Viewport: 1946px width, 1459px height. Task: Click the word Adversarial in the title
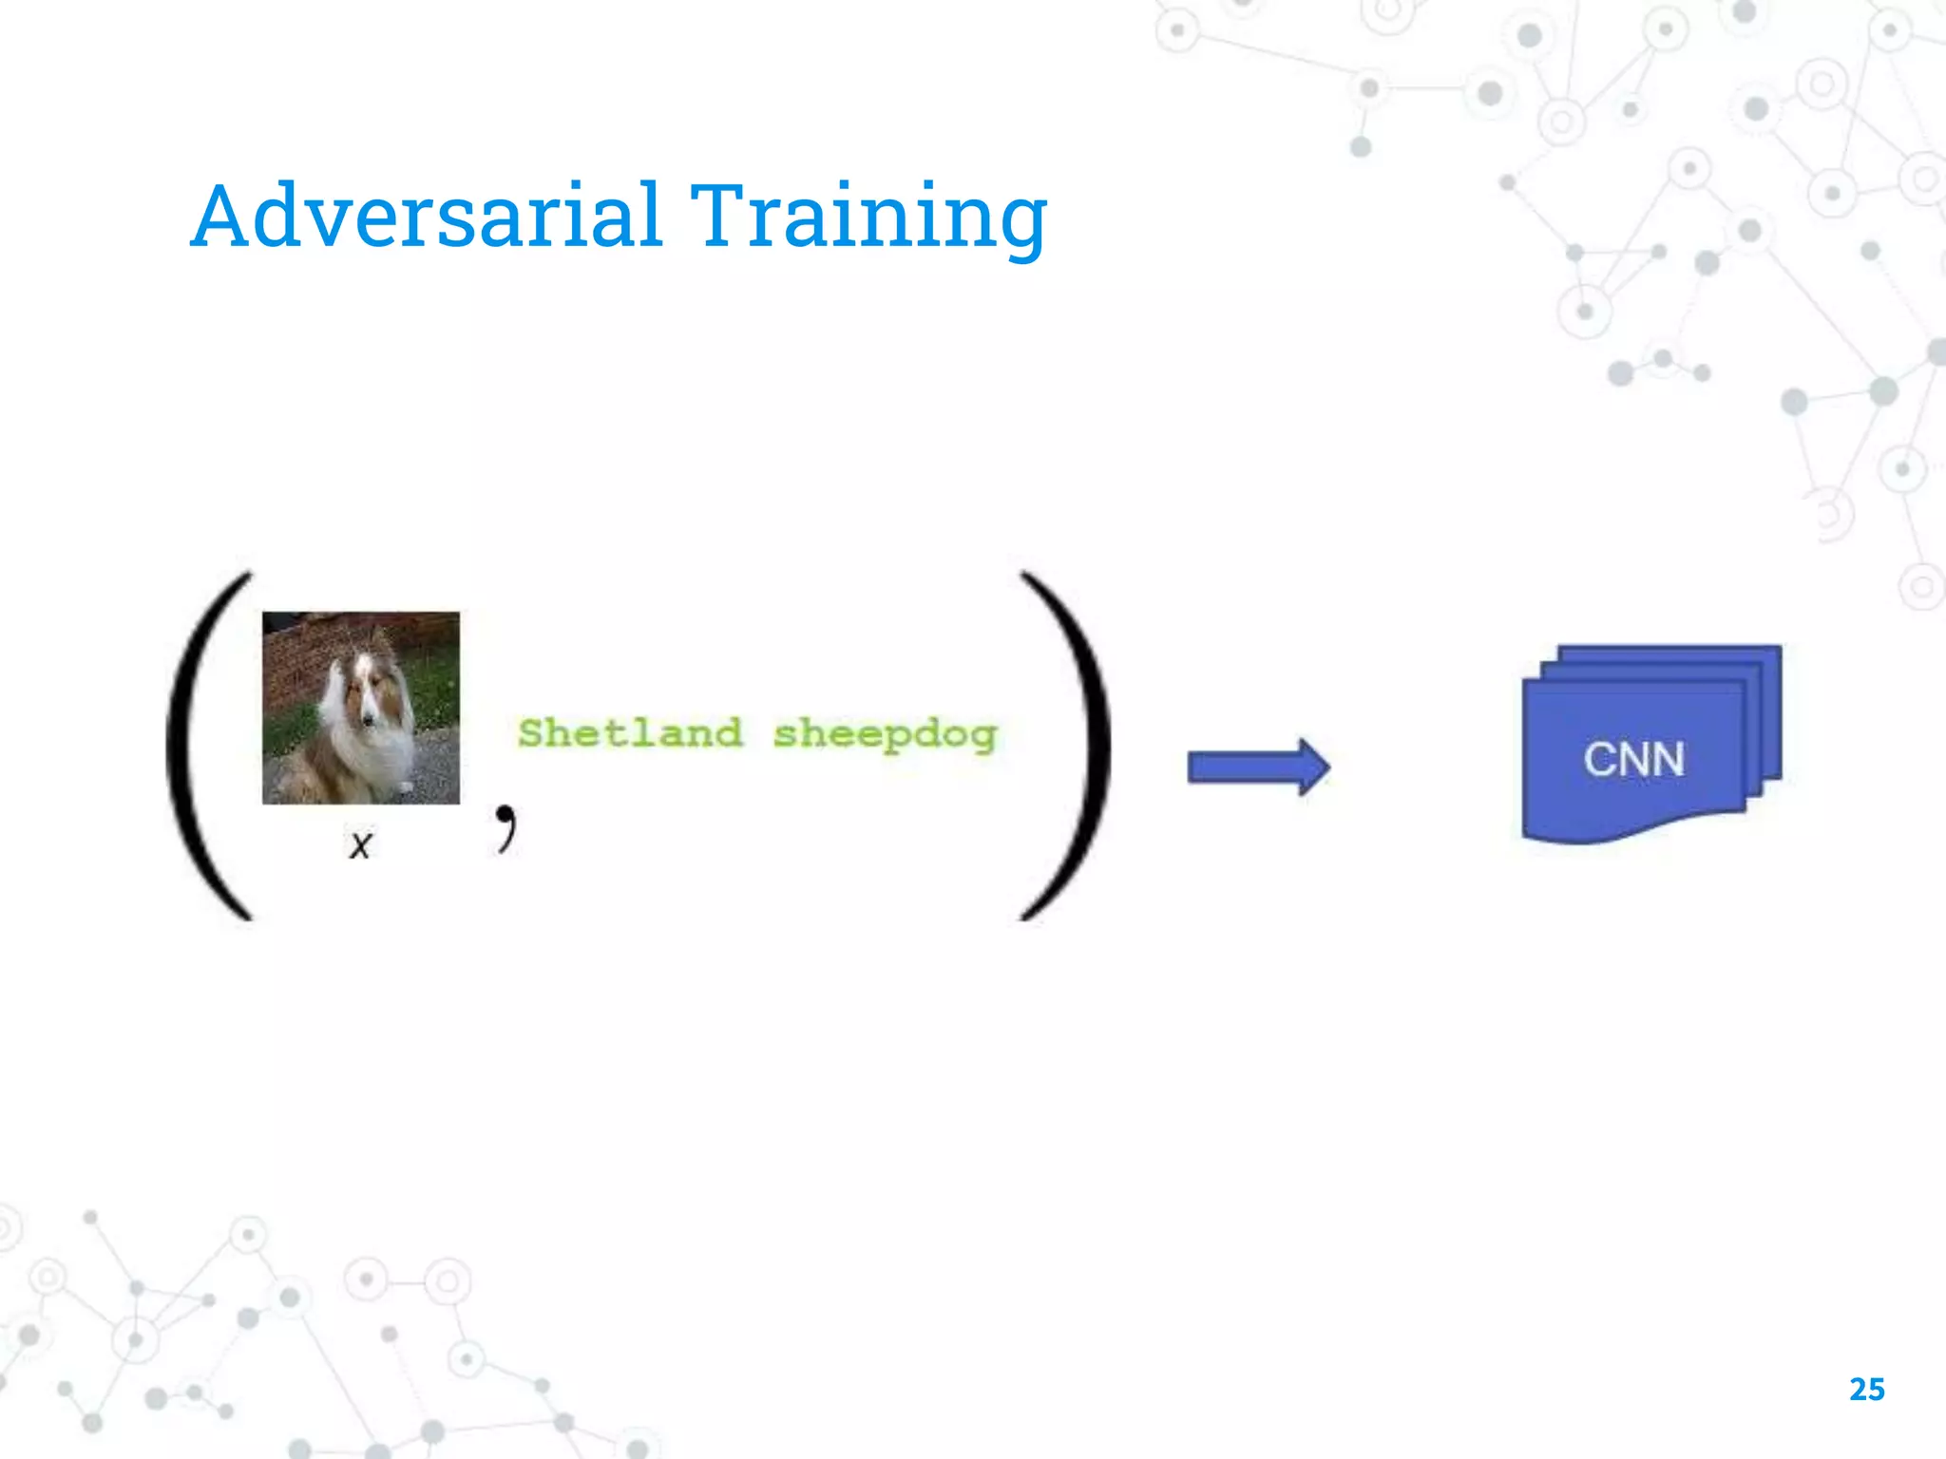(426, 217)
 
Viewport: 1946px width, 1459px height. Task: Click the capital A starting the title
(225, 217)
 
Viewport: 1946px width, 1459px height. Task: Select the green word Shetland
(629, 733)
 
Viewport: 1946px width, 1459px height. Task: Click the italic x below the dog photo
(360, 843)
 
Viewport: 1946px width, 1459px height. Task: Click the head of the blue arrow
(1314, 767)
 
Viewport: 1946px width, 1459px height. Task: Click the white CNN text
(1633, 759)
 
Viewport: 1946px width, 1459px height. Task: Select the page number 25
(1866, 1390)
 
